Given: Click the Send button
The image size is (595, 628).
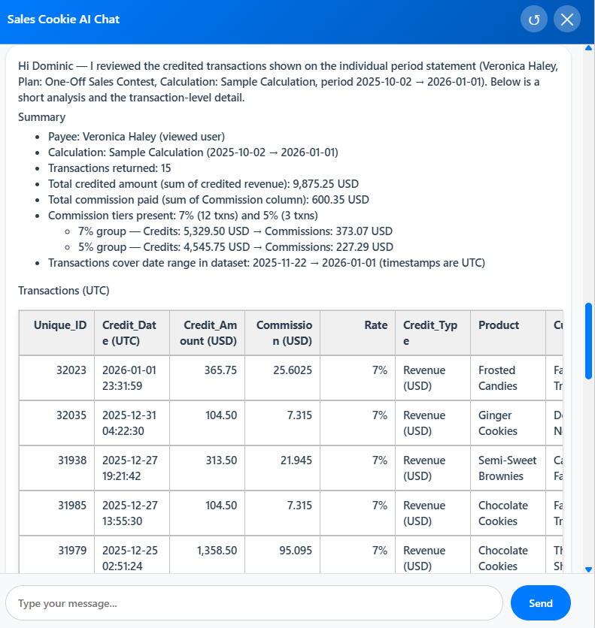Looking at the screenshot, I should (540, 602).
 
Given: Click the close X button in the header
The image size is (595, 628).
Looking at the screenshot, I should (567, 20).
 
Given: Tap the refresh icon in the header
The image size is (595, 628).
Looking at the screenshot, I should (534, 20).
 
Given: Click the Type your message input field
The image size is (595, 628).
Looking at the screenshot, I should (253, 602).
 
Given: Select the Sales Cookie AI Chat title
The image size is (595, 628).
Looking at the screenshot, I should (63, 20).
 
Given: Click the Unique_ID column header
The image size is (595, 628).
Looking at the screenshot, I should (60, 325).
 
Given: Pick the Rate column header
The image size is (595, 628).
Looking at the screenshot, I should (375, 325).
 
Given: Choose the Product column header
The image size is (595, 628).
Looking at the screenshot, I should (499, 325).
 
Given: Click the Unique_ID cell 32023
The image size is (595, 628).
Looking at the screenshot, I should (71, 370).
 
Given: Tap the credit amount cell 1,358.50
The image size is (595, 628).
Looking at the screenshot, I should (217, 551).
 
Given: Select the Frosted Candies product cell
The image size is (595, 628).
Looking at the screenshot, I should (498, 378).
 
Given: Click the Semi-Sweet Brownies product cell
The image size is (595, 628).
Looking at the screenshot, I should (507, 468).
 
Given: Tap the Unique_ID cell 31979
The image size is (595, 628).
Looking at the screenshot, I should (71, 551).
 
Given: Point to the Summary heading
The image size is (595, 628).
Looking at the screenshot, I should (41, 117).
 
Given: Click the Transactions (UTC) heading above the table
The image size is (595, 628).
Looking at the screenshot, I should (63, 290).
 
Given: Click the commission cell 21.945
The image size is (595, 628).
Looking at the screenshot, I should (296, 460).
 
